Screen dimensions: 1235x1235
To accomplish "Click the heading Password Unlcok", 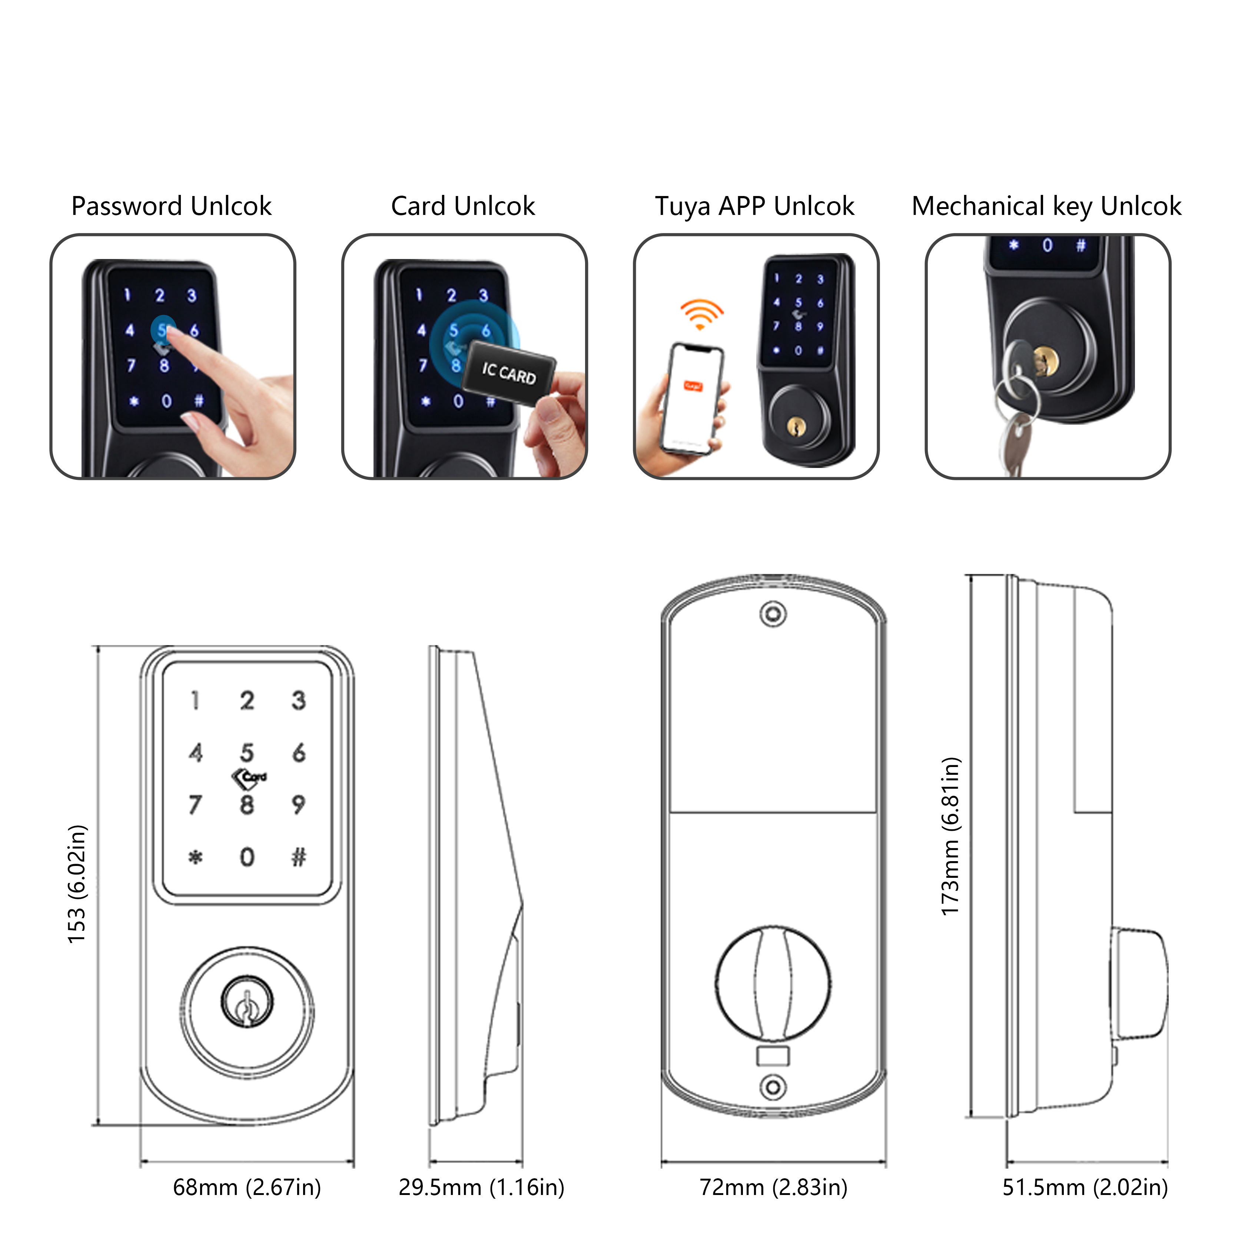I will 171,206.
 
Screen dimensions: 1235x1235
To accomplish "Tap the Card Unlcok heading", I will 463,206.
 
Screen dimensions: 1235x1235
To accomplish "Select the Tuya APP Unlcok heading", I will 754,206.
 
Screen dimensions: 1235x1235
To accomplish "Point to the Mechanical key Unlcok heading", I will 1046,206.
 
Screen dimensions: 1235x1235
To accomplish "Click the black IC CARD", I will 509,373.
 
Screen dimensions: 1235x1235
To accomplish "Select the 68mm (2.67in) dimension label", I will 247,1187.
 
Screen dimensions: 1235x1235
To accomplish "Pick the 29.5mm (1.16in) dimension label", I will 481,1187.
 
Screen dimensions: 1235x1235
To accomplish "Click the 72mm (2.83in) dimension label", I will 773,1187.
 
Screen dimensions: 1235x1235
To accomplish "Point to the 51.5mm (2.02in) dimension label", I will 1085,1187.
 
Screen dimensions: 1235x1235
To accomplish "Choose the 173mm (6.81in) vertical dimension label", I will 950,836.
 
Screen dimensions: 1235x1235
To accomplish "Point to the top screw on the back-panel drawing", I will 773,614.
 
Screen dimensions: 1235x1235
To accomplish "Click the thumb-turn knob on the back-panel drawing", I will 773,985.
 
